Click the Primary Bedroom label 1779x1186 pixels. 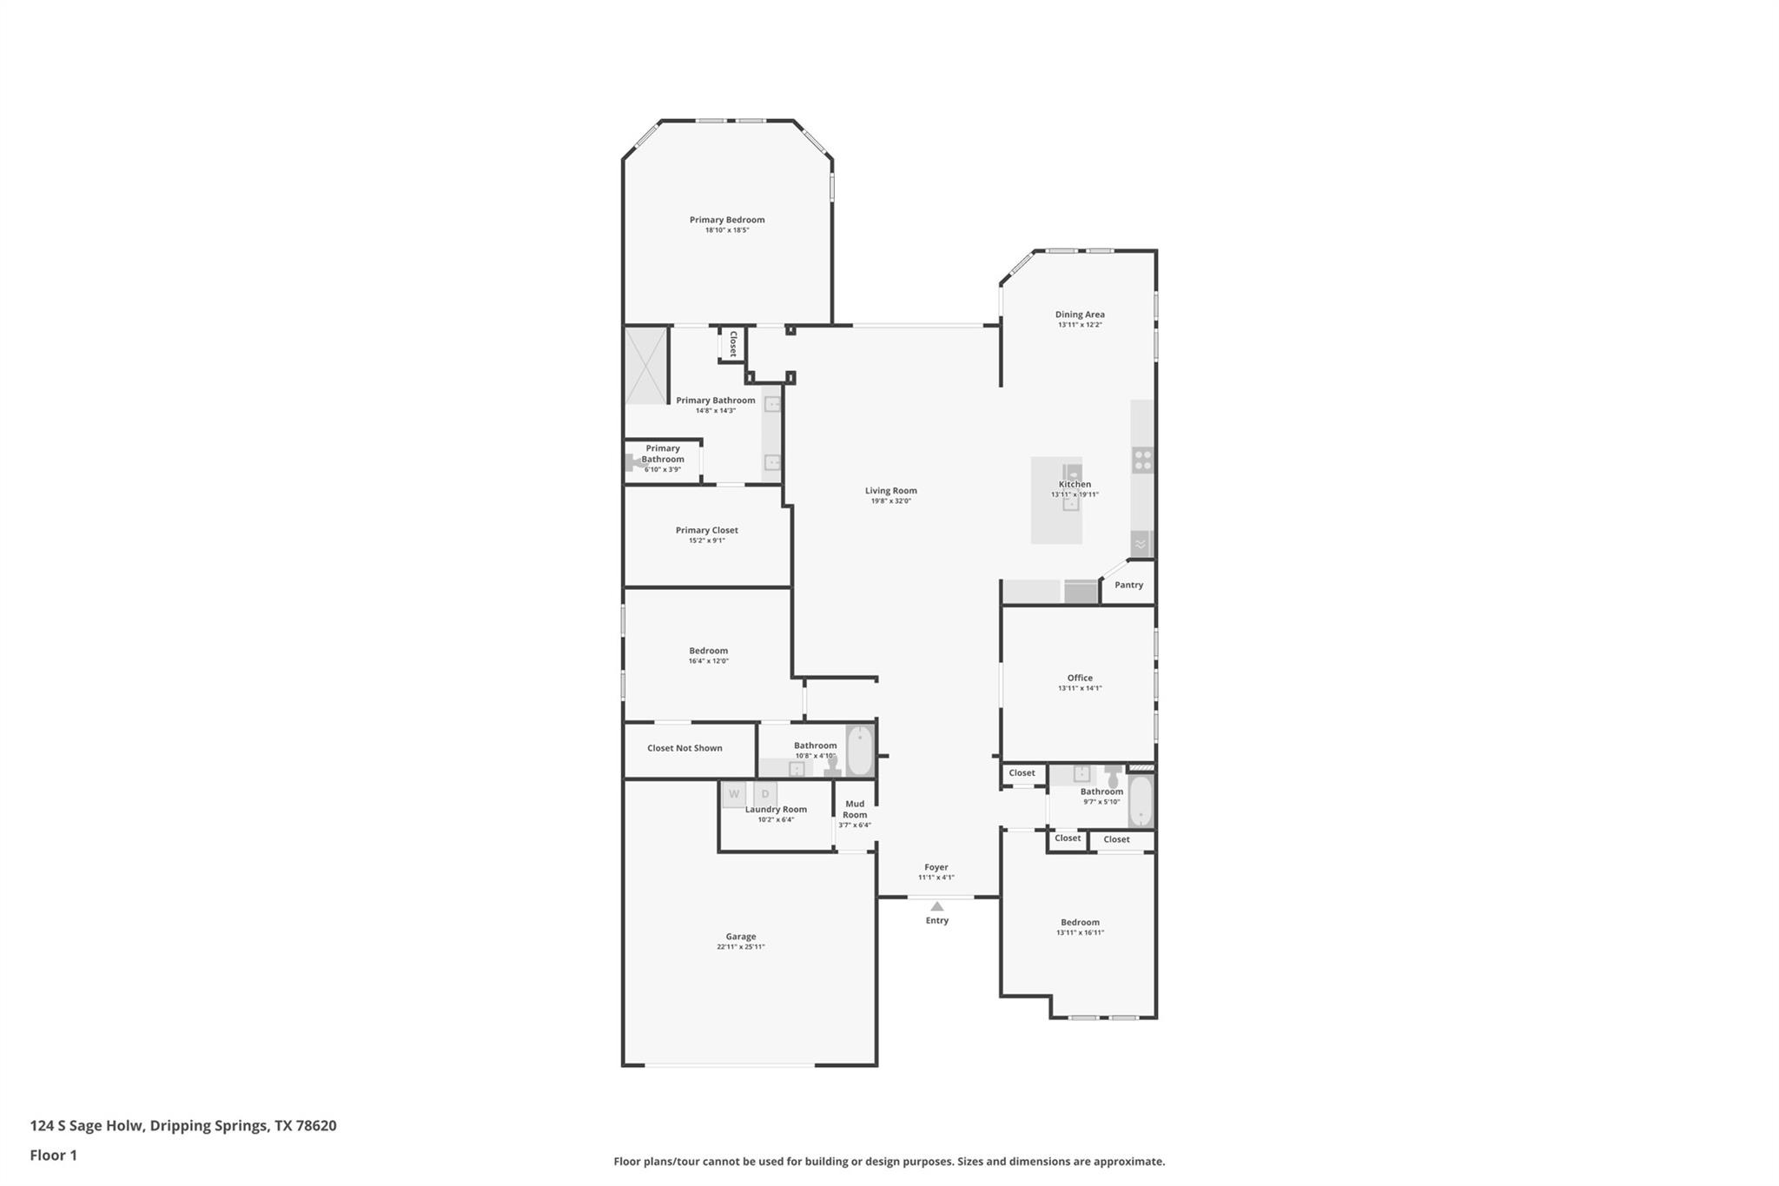727,220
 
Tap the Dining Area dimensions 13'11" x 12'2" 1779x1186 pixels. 1080,325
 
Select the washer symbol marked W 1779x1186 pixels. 734,794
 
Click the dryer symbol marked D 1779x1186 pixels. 765,794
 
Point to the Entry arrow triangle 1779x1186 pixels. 936,906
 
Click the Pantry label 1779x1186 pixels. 1128,585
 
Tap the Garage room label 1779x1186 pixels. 740,937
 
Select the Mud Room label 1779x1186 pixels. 855,809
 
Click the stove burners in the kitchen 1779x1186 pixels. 1142,460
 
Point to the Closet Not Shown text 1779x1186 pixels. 684,748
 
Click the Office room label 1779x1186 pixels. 1080,678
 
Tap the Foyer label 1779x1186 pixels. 936,867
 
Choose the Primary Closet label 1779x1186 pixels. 706,530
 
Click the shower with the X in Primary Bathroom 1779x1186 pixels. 645,365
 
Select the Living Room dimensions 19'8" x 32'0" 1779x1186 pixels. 890,501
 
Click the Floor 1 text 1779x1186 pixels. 53,1155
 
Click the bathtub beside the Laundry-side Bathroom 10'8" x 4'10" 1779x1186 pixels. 859,751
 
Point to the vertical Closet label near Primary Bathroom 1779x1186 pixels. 732,344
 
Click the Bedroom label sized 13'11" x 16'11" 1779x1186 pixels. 1080,923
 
